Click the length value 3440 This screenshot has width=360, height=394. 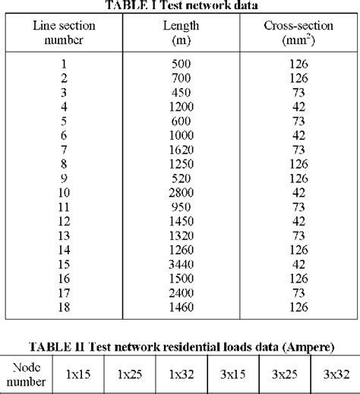point(180,264)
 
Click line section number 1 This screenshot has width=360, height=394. point(62,65)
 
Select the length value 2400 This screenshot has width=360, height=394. point(180,288)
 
